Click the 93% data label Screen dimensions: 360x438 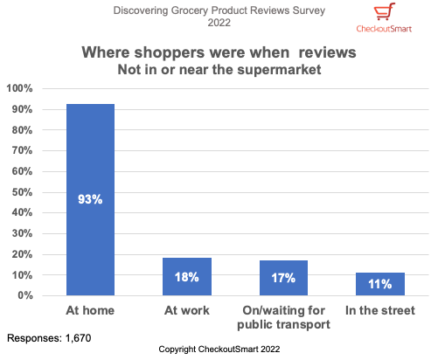point(90,199)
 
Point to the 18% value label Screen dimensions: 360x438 point(186,277)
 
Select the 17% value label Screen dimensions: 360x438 point(283,278)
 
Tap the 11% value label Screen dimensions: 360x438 point(379,284)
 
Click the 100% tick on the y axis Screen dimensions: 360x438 point(20,89)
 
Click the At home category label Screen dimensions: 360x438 point(90,310)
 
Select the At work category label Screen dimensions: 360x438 point(186,310)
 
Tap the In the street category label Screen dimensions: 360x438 point(379,310)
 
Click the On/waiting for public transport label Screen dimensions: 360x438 point(283,316)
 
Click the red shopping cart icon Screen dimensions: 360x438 point(383,12)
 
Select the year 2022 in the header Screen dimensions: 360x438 point(219,23)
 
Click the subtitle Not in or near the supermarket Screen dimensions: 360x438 point(219,69)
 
